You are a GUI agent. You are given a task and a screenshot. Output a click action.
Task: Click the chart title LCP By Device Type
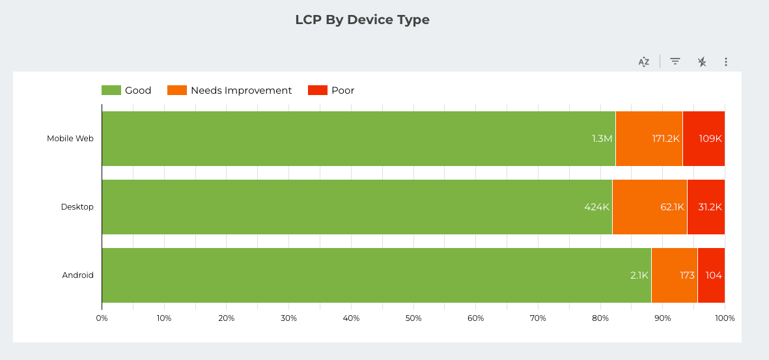pyautogui.click(x=362, y=20)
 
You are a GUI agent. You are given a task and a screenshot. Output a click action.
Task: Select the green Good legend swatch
pyautogui.click(x=111, y=90)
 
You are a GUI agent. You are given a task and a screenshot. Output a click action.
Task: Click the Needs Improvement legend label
pyautogui.click(x=241, y=90)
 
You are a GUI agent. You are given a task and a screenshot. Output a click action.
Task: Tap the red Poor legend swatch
pyautogui.click(x=317, y=90)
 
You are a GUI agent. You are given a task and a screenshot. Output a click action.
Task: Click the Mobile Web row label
pyautogui.click(x=70, y=139)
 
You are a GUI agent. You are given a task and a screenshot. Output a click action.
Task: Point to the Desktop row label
pyautogui.click(x=77, y=207)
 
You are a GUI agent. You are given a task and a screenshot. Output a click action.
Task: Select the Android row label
pyautogui.click(x=78, y=275)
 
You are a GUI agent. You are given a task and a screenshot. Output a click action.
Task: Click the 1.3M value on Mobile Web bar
pyautogui.click(x=602, y=139)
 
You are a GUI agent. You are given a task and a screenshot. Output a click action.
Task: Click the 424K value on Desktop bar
pyautogui.click(x=596, y=207)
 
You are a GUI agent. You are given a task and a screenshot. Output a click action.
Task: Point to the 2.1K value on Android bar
pyautogui.click(x=639, y=275)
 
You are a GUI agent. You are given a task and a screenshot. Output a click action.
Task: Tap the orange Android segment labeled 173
pyautogui.click(x=675, y=275)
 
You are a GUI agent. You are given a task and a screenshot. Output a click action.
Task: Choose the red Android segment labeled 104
pyautogui.click(x=712, y=275)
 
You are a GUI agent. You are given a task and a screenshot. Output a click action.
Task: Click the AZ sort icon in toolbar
pyautogui.click(x=644, y=62)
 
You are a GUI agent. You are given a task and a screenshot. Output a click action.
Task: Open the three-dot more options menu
pyautogui.click(x=726, y=62)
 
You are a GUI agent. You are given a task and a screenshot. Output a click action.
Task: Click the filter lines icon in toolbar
pyautogui.click(x=675, y=62)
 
